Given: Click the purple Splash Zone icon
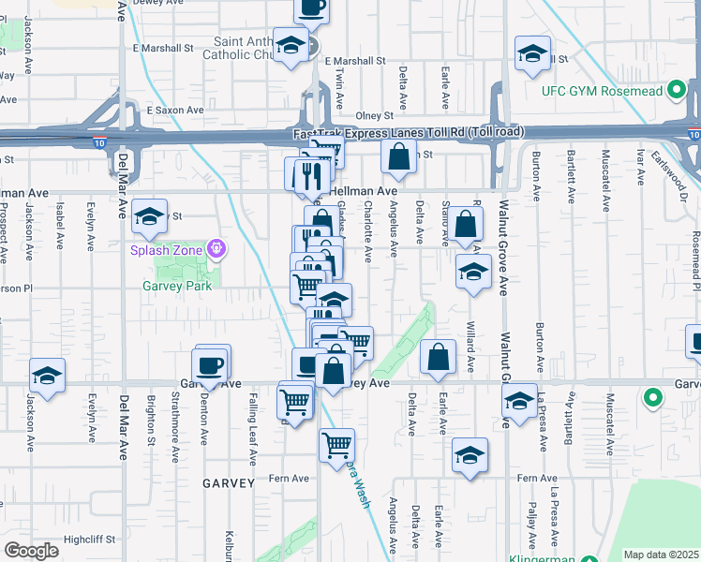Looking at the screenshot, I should pyautogui.click(x=216, y=249).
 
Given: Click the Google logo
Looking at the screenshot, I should pyautogui.click(x=31, y=551).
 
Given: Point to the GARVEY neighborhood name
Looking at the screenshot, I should pyautogui.click(x=228, y=483).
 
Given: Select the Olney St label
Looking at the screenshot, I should pyautogui.click(x=374, y=115).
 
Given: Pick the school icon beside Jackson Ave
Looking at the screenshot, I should pyautogui.click(x=47, y=376).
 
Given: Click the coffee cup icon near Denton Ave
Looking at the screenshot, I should pyautogui.click(x=210, y=365).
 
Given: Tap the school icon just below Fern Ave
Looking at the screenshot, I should pyautogui.click(x=470, y=455).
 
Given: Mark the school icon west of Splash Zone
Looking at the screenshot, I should pyautogui.click(x=148, y=217).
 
